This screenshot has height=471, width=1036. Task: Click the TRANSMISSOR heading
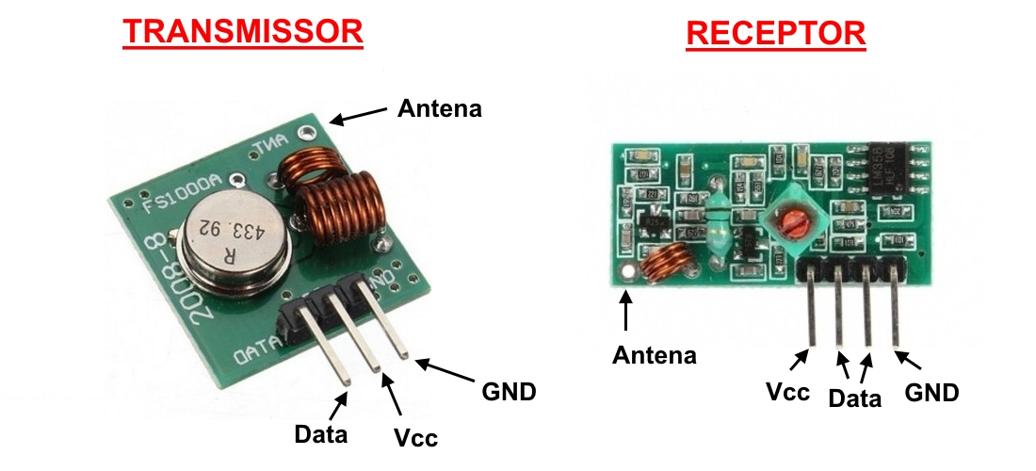pos(243,31)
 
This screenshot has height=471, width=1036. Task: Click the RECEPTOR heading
pos(775,34)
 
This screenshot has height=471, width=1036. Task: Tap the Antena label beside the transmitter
pos(439,108)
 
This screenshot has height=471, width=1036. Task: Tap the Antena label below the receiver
pos(655,355)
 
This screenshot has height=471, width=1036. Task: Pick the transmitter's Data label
pos(320,434)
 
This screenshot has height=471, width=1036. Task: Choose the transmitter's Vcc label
pos(415,437)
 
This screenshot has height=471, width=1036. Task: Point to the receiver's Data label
pos(854,398)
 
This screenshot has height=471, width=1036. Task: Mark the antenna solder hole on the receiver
pos(625,274)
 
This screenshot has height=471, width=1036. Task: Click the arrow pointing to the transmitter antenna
pos(359,115)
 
